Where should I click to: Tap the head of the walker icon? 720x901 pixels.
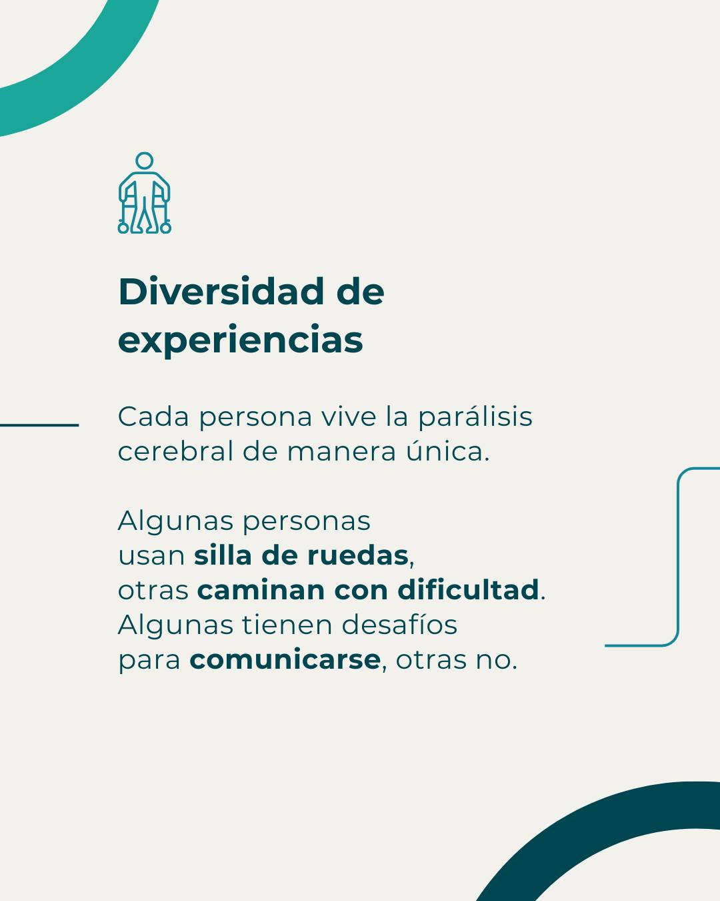[x=145, y=161]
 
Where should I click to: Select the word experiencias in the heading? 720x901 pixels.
[x=241, y=340]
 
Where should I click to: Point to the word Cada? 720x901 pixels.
[x=153, y=417]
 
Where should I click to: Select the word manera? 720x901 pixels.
[x=342, y=452]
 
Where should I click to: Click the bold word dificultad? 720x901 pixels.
[x=468, y=590]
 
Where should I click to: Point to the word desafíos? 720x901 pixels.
[x=399, y=625]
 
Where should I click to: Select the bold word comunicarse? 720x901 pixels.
[x=285, y=660]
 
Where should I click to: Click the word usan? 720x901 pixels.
[x=151, y=556]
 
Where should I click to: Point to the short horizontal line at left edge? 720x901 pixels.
[x=39, y=424]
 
